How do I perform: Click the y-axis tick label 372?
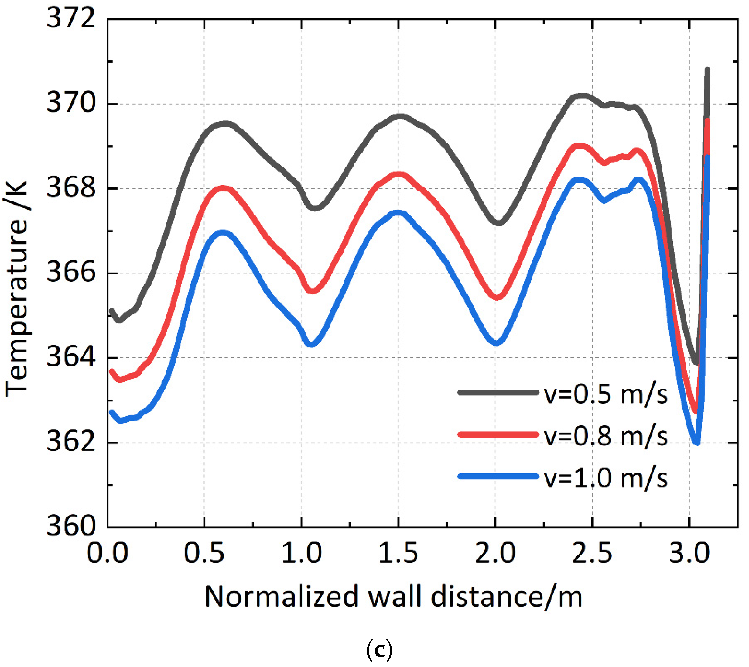[x=70, y=18]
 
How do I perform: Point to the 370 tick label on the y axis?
[x=70, y=103]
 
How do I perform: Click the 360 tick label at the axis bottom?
[x=70, y=527]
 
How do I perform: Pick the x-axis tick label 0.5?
[x=204, y=553]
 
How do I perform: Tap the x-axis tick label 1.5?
[x=398, y=553]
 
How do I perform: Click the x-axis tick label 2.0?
[x=495, y=553]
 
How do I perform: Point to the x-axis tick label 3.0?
[x=689, y=553]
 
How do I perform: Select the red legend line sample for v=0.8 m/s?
[x=498, y=435]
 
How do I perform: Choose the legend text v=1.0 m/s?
[x=605, y=479]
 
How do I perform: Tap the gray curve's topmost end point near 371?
[x=707, y=69]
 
